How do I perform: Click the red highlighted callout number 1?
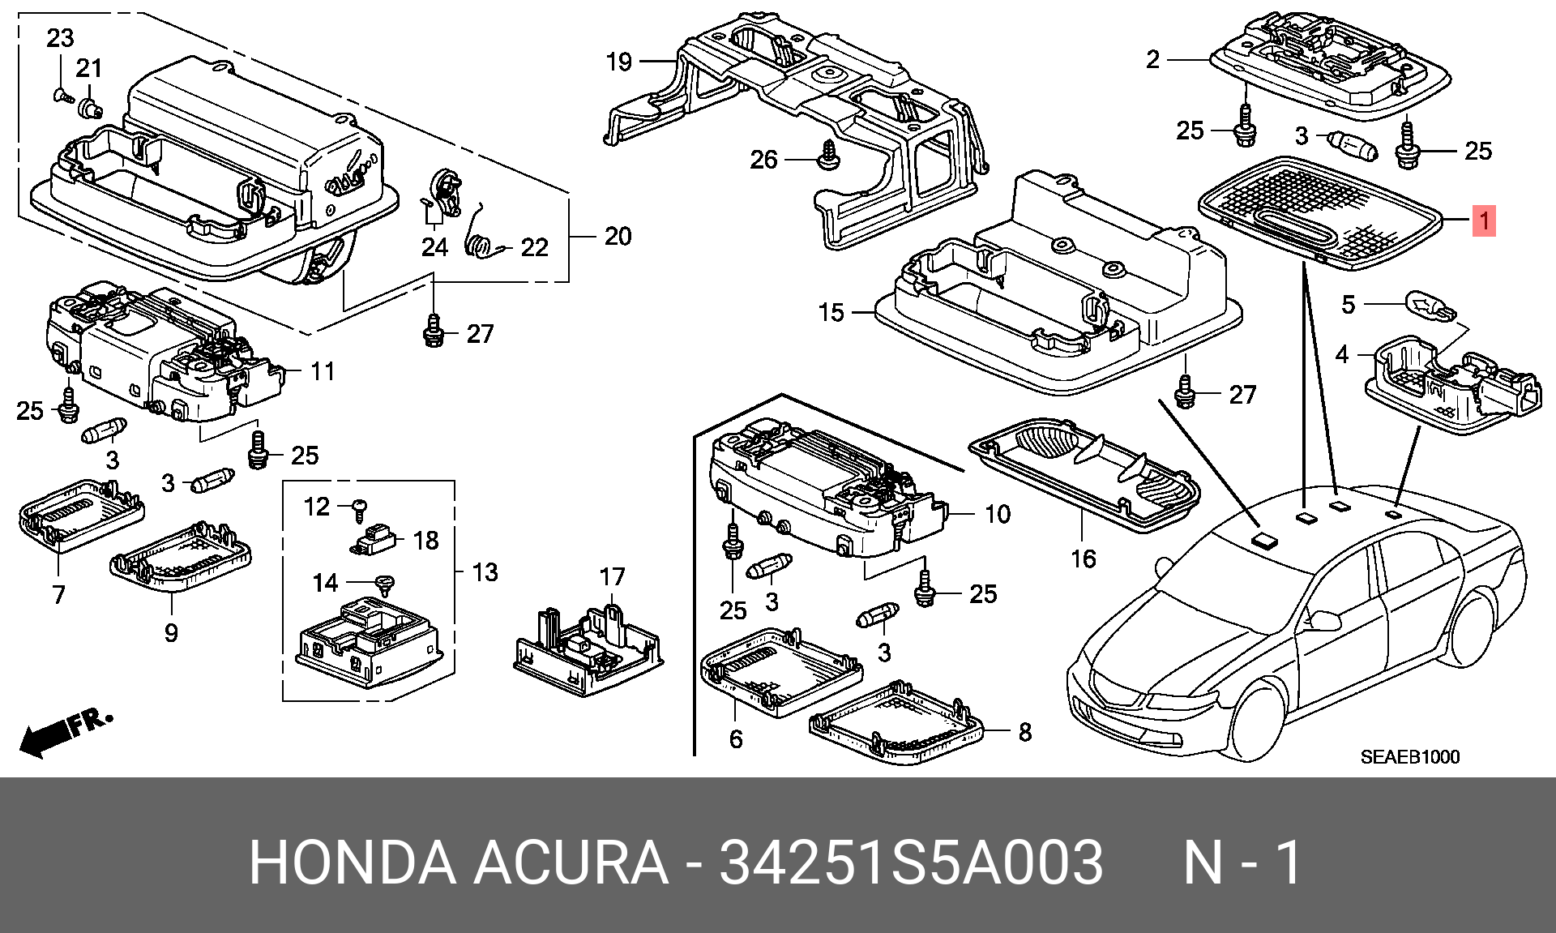(x=1484, y=220)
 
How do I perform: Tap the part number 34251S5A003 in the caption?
(x=911, y=862)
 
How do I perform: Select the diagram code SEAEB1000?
(x=1409, y=757)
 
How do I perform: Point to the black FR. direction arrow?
(x=65, y=733)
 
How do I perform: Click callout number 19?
(x=619, y=62)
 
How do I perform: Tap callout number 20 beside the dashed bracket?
(x=618, y=237)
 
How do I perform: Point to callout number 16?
(x=1083, y=559)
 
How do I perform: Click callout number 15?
(x=831, y=312)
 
